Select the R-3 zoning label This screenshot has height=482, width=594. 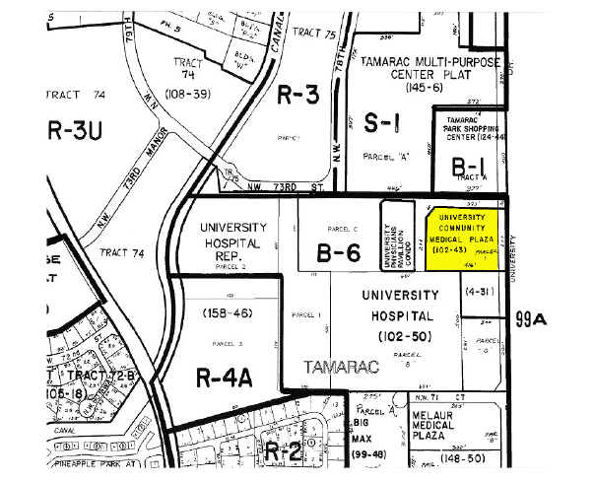pos(298,95)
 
